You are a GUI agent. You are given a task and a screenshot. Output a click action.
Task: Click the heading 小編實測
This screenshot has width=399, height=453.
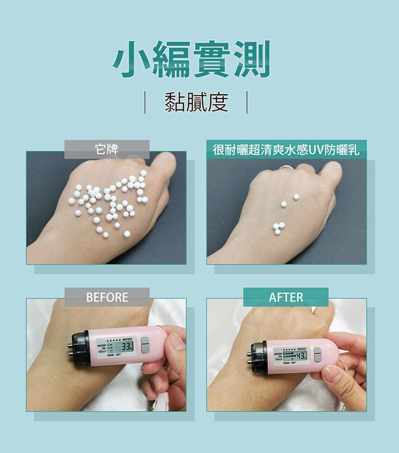[192, 60]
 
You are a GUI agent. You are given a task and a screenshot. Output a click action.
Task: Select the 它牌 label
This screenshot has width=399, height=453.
[106, 150]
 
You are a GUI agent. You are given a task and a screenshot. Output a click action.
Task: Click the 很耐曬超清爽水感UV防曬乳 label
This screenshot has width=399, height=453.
[286, 150]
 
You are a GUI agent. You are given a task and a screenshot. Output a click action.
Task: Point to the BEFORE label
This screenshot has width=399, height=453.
[107, 297]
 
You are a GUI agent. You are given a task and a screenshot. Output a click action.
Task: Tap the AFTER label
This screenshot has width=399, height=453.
[286, 297]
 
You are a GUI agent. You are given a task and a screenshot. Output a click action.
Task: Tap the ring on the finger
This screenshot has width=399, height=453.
[286, 169]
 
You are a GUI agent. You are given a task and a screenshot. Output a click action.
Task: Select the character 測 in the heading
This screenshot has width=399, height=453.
[250, 60]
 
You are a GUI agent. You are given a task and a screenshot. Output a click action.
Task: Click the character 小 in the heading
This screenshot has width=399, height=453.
[132, 60]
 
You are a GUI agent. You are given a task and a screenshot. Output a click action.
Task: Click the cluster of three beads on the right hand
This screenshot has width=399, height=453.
[278, 227]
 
